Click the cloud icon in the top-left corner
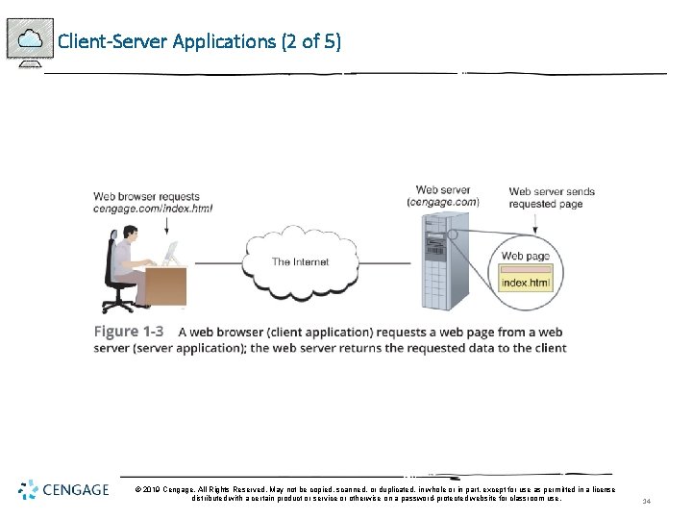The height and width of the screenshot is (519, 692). (x=30, y=39)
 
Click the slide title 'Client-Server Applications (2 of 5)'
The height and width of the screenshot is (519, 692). (x=199, y=41)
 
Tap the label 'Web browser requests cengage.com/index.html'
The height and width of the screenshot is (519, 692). (x=153, y=202)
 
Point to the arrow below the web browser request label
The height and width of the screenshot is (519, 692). (x=167, y=225)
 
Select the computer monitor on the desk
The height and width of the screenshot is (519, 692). (x=171, y=254)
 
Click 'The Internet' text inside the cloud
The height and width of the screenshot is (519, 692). (x=300, y=261)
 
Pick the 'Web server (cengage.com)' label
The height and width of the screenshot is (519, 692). (x=442, y=196)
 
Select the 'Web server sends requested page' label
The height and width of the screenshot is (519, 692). (x=552, y=197)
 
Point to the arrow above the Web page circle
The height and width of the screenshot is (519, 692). (x=534, y=223)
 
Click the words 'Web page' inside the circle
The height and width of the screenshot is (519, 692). (x=526, y=257)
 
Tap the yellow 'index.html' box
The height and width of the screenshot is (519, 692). (x=527, y=283)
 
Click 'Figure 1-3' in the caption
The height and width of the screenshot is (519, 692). (x=128, y=332)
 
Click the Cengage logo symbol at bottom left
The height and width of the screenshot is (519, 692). (x=28, y=490)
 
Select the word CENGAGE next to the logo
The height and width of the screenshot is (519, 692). (x=76, y=490)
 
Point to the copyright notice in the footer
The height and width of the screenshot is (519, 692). (x=375, y=494)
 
